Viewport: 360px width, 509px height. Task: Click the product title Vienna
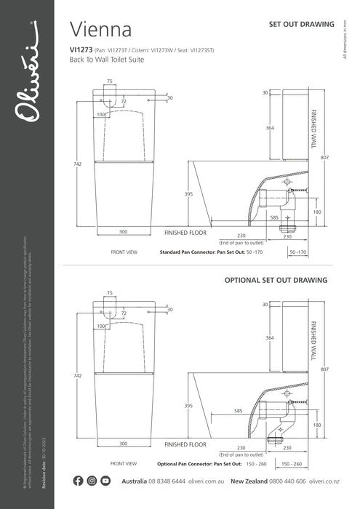[x=100, y=30]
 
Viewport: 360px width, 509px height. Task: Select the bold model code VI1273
[x=80, y=50]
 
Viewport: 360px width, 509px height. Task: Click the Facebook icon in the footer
[x=79, y=481]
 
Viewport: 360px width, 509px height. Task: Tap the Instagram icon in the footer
[x=92, y=481]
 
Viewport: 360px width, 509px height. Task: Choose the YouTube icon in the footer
[x=105, y=481]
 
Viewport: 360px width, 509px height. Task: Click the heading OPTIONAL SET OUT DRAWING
[x=276, y=279]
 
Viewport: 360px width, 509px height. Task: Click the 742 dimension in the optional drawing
[x=78, y=375]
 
